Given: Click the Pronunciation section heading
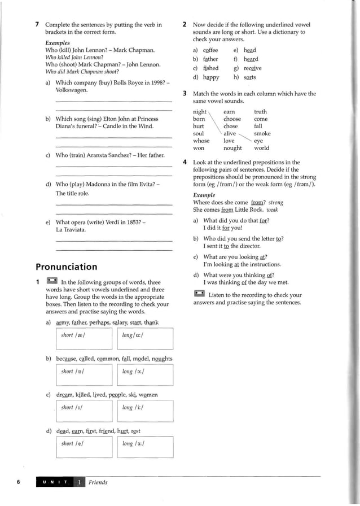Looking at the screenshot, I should click(66, 267).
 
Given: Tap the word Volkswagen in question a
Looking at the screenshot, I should click(72, 89).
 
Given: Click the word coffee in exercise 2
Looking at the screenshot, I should click(210, 50).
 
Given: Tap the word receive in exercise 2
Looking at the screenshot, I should click(252, 68).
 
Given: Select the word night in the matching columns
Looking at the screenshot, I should click(199, 112).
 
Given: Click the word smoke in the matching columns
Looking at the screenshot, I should click(262, 134).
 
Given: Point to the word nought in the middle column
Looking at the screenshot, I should click(232, 149).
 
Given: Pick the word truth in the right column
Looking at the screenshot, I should click(260, 112).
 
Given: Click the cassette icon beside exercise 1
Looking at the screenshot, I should click(51, 281).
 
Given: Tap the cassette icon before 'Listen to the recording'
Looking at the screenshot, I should click(199, 294).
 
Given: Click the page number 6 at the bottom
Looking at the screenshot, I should click(19, 482).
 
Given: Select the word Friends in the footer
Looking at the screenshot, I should click(98, 482).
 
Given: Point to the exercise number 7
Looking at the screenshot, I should click(37, 25).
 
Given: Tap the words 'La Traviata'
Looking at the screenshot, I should click(71, 230).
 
